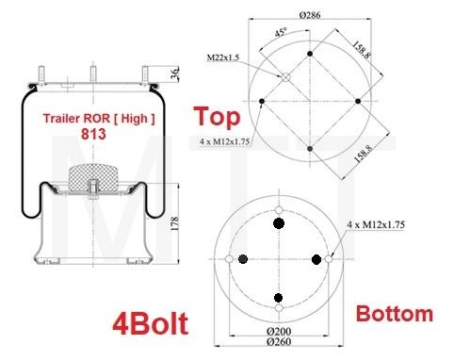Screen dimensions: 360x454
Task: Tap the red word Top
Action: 217,117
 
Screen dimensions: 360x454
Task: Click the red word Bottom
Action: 394,314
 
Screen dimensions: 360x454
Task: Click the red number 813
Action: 92,134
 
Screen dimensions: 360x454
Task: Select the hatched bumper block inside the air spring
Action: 92,178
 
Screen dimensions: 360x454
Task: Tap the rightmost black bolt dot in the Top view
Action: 359,101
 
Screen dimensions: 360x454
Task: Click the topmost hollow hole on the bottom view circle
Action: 279,210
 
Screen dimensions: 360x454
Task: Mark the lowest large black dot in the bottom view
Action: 279,297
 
